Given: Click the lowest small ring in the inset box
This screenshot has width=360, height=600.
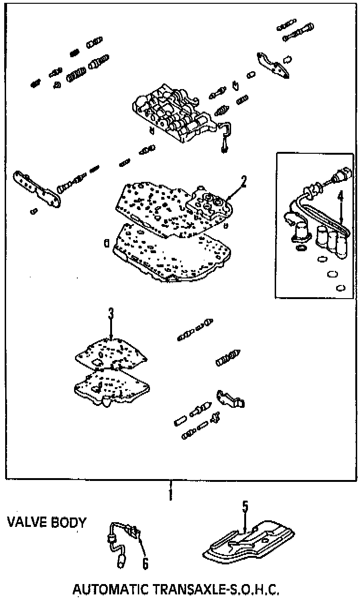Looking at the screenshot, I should (341, 287).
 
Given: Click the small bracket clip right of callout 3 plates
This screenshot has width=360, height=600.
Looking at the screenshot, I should (230, 399).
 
